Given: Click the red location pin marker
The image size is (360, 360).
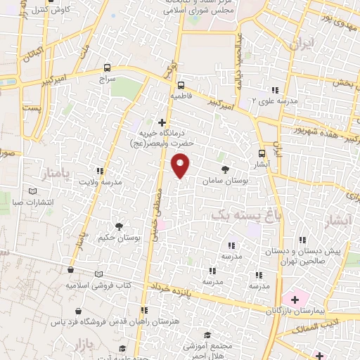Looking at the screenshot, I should pyautogui.click(x=181, y=165).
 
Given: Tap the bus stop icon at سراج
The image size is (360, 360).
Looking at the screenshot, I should pyautogui.click(x=107, y=68).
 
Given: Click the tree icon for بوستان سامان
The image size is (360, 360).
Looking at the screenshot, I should pyautogui.click(x=225, y=169).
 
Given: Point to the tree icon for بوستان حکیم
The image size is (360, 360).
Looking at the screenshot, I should pyautogui.click(x=118, y=226).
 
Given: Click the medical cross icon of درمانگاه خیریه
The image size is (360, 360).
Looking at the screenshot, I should pyautogui.click(x=163, y=122).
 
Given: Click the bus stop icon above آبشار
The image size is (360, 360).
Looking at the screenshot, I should pyautogui.click(x=262, y=153).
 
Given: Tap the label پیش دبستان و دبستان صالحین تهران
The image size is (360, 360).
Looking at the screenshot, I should pyautogui.click(x=307, y=255).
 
